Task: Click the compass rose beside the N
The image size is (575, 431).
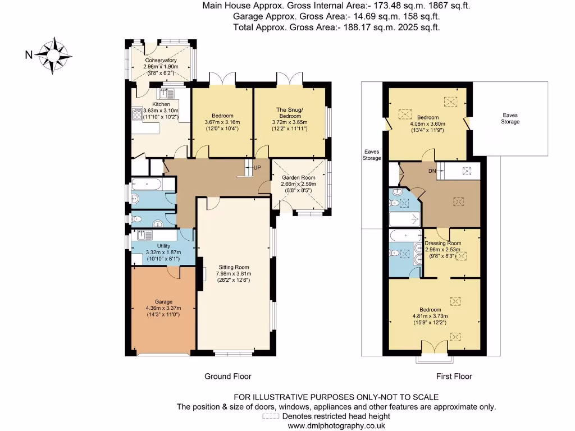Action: click(53, 56)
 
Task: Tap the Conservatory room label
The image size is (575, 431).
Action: click(161, 60)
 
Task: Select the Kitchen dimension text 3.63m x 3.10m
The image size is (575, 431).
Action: click(161, 111)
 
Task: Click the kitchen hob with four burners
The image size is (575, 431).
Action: click(137, 113)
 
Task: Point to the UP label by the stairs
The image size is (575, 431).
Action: click(257, 167)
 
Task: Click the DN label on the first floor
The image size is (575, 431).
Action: click(432, 171)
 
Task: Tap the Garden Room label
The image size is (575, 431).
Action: click(299, 178)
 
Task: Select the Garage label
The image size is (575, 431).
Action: click(163, 301)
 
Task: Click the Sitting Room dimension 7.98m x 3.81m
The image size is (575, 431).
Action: click(234, 274)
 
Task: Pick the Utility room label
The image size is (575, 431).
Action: click(163, 246)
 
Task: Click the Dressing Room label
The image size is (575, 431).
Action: click(443, 243)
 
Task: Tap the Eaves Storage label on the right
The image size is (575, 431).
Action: click(510, 118)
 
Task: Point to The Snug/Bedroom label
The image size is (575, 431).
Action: click(290, 112)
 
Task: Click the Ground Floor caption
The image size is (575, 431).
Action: click(228, 377)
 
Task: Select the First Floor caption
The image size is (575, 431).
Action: click(454, 377)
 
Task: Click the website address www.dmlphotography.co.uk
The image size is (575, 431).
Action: click(336, 426)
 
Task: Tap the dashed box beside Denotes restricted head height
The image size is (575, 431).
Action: click(271, 416)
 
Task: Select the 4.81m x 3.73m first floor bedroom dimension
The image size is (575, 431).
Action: click(430, 316)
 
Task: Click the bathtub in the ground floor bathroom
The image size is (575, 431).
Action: click(148, 184)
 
